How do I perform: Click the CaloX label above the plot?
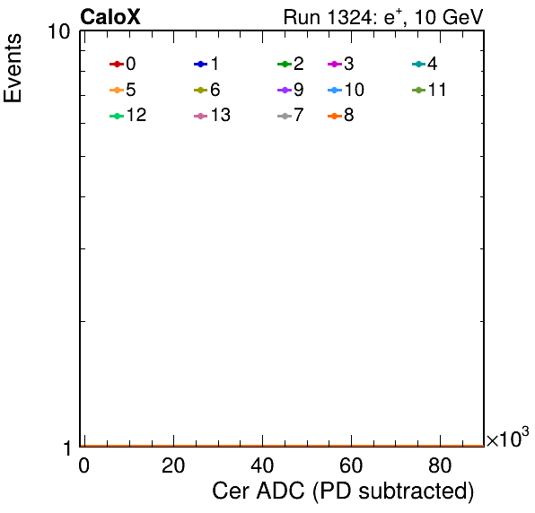tap(110, 17)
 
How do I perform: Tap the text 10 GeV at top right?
tap(449, 17)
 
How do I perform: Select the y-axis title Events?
tap(13, 68)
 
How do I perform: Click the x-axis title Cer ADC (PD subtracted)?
tap(343, 491)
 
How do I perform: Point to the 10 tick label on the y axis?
tap(59, 31)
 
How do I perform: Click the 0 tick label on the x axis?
tap(84, 465)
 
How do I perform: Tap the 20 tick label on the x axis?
tap(173, 465)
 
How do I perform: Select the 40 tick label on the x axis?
tap(262, 465)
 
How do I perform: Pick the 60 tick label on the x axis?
tap(351, 465)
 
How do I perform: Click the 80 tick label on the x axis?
tap(440, 465)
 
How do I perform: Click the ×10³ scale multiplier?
tap(508, 438)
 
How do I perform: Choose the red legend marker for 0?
tap(117, 64)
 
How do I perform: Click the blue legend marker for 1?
tap(201, 64)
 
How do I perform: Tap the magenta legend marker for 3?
tap(335, 64)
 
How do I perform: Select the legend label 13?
tap(221, 115)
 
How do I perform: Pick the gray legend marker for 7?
tap(285, 117)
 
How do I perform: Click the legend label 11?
tap(437, 90)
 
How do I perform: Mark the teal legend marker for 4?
tap(418, 64)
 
